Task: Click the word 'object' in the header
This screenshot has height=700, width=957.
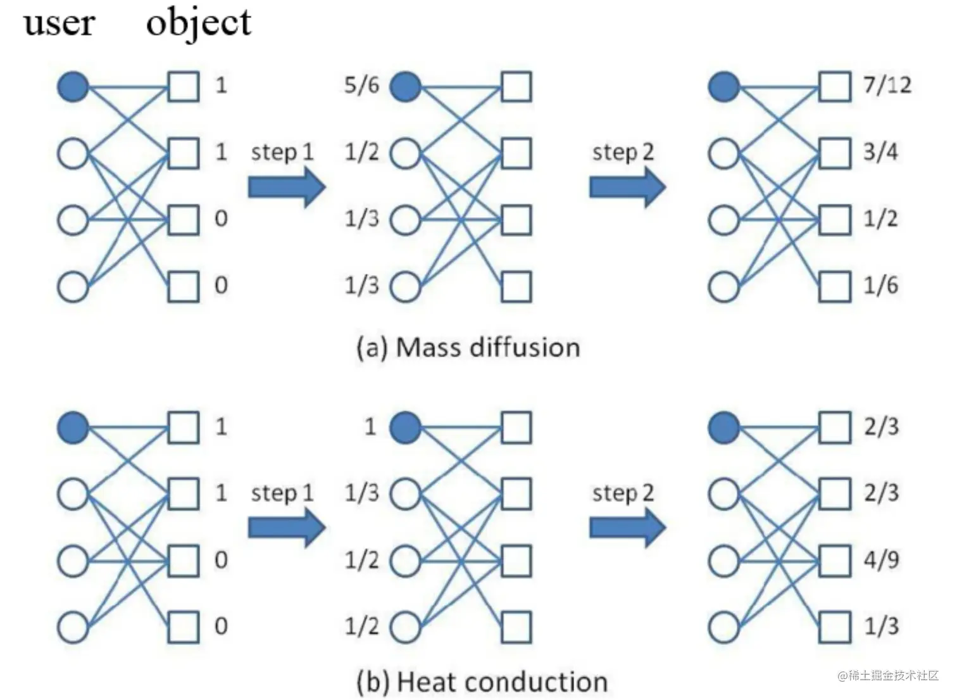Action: (198, 23)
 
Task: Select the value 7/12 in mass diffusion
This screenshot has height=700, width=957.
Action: (887, 85)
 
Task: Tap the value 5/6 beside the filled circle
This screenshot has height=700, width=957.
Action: (361, 85)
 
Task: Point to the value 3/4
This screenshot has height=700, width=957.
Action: (880, 152)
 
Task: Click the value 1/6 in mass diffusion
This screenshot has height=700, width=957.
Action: (880, 286)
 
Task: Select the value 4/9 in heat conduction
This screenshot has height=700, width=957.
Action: (881, 560)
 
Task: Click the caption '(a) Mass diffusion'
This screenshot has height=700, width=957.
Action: (468, 348)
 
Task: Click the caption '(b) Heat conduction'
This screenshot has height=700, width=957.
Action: (482, 682)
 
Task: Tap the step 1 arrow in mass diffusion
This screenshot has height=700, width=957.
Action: (286, 188)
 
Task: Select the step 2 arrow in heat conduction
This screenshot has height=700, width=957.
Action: (627, 528)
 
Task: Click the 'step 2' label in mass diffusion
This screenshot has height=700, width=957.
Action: (623, 153)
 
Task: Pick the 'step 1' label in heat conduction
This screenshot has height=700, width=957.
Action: (282, 493)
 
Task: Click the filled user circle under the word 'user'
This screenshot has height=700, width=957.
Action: (73, 87)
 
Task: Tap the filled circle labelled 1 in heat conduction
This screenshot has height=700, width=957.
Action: (405, 428)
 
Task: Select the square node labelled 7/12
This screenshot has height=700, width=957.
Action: (834, 87)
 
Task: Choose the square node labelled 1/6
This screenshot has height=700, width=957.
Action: (834, 287)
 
